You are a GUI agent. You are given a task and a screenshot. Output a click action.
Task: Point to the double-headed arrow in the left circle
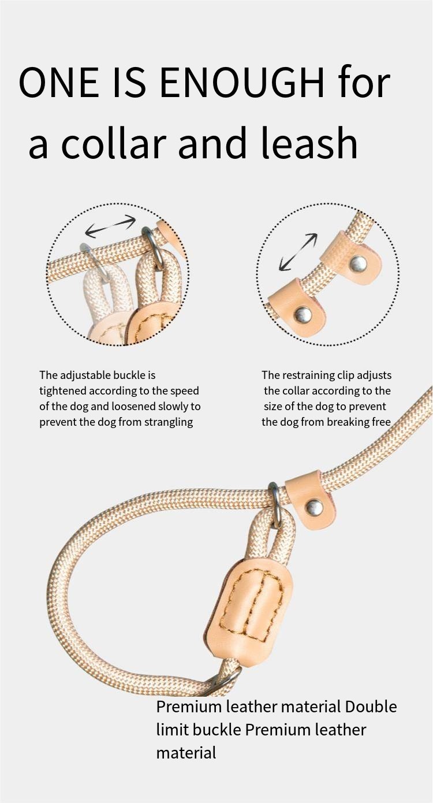tap(111, 226)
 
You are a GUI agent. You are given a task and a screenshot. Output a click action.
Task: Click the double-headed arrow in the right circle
tap(298, 252)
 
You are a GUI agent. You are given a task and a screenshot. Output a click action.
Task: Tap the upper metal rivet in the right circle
tap(358, 263)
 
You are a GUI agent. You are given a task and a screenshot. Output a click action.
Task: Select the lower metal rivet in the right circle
tap(303, 315)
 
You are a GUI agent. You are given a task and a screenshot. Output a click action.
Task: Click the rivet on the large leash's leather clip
tap(314, 507)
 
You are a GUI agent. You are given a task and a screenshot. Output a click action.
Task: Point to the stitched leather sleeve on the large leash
tap(250, 612)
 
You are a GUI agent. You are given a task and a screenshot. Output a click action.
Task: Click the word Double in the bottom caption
tap(371, 707)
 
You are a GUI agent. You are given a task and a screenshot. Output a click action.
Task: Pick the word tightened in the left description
tap(63, 391)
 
